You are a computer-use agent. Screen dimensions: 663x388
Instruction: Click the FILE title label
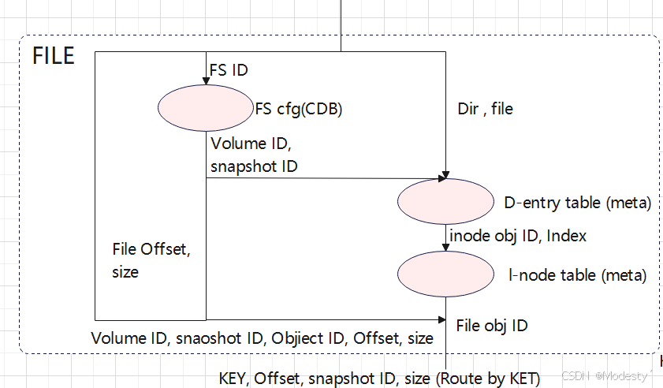click(54, 57)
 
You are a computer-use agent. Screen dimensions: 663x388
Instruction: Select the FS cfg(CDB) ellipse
click(205, 108)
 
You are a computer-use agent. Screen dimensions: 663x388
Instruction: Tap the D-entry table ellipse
click(445, 203)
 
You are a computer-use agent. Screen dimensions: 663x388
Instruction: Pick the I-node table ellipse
click(445, 274)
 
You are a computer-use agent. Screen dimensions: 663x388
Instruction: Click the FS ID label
click(229, 70)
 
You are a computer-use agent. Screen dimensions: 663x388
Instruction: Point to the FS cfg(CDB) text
click(298, 109)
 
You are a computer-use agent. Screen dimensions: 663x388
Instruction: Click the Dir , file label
click(485, 109)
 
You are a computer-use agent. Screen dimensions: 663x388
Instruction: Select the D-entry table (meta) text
click(577, 203)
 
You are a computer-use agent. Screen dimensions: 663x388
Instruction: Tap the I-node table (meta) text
click(577, 275)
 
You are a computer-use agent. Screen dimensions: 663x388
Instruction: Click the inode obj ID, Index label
click(518, 235)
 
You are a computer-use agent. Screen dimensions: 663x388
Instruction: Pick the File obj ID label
click(492, 325)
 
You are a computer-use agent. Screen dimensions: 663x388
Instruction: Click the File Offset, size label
click(152, 261)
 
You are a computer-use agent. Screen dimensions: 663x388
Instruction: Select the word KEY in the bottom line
click(234, 379)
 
